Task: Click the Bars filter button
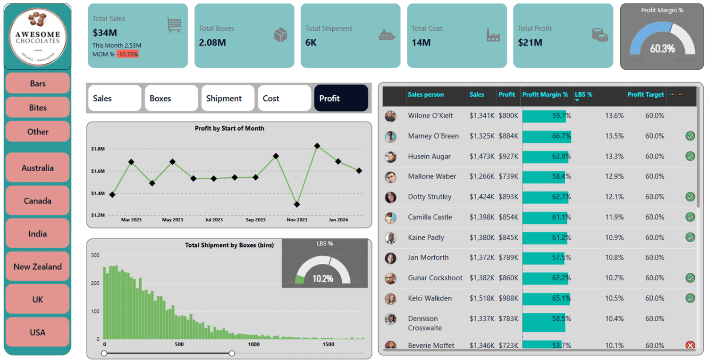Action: pos(38,84)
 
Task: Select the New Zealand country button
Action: pos(38,267)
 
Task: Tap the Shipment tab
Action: pos(224,98)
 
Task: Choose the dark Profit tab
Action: pos(341,98)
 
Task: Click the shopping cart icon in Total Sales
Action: pos(174,25)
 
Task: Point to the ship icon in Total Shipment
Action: pos(387,35)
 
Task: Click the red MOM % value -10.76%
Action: pos(127,54)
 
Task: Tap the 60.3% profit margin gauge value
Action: pos(662,49)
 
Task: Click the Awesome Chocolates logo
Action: pos(38,37)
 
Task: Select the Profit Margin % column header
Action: pos(545,94)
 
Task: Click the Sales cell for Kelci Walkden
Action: pos(482,298)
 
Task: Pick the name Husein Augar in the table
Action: pos(429,156)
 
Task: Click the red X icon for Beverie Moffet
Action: pos(690,345)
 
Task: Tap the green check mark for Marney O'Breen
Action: pos(690,136)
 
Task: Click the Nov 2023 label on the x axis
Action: pos(297,220)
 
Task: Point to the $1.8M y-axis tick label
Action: pos(98,149)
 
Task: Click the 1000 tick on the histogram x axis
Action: pos(254,344)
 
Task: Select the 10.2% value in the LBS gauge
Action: pos(323,279)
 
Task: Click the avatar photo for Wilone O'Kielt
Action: pos(390,116)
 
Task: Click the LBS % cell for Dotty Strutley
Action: pos(614,197)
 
